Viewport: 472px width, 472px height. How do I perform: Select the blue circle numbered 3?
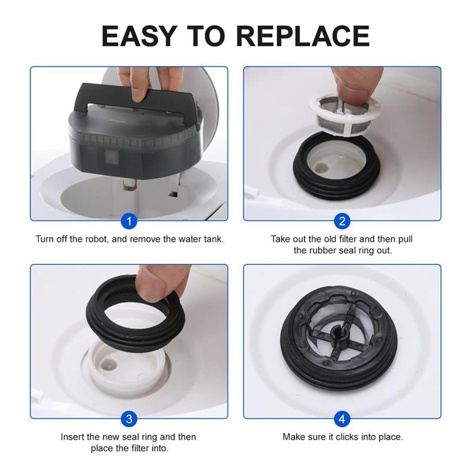click(x=129, y=419)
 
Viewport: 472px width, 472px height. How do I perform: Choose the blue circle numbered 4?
click(x=342, y=419)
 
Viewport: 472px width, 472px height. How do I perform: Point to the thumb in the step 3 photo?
click(x=155, y=283)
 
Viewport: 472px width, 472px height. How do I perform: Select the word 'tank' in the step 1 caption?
click(x=213, y=240)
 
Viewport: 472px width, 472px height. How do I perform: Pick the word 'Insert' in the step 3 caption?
click(x=73, y=437)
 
